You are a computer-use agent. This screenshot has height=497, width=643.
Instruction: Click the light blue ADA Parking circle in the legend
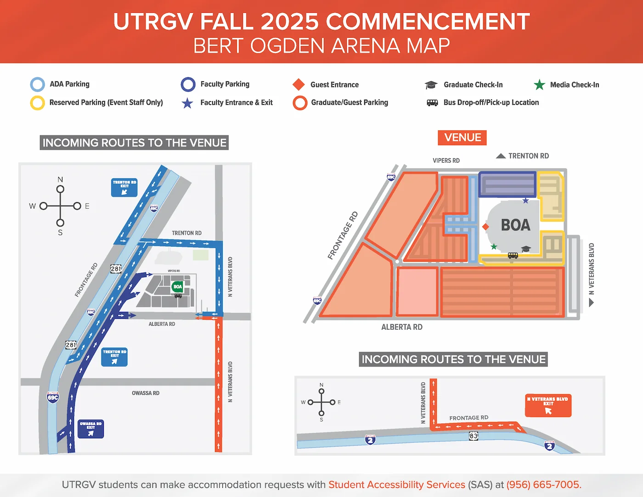click(x=38, y=85)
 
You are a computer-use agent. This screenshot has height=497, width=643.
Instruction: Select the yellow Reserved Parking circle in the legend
click(x=38, y=103)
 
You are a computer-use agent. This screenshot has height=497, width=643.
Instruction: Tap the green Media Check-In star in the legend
click(x=539, y=85)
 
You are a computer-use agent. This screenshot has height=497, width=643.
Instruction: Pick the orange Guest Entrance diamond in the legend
click(x=299, y=85)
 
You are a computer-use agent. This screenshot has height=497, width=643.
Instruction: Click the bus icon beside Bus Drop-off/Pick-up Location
click(x=432, y=103)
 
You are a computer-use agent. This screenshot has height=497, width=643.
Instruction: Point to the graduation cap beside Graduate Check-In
click(x=431, y=85)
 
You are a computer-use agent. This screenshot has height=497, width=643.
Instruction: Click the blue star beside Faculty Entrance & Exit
click(x=187, y=103)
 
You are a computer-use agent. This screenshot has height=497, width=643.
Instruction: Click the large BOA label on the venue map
click(x=515, y=225)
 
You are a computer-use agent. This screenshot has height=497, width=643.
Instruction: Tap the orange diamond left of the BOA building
click(x=485, y=227)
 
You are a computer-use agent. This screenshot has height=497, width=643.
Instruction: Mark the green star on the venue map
click(x=494, y=247)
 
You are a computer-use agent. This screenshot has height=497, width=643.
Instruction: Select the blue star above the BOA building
click(x=526, y=201)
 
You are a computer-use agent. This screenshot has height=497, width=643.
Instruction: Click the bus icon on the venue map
click(x=513, y=255)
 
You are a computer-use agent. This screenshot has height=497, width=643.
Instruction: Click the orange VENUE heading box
click(x=462, y=138)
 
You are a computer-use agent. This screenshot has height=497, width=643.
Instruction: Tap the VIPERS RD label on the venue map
click(x=446, y=161)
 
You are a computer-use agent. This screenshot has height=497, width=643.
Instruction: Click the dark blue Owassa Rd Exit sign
click(x=91, y=429)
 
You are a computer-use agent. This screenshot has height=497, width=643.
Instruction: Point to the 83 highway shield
click(x=474, y=435)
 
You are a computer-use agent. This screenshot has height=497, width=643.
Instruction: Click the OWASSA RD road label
click(x=146, y=393)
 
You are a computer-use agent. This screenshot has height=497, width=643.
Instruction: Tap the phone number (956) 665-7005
click(x=544, y=485)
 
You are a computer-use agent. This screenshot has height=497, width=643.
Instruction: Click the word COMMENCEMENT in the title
click(x=428, y=22)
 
